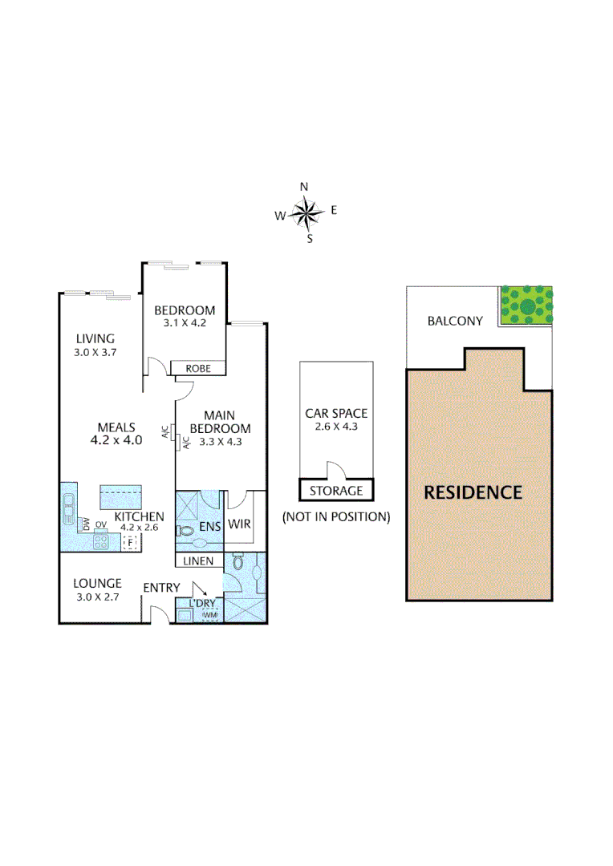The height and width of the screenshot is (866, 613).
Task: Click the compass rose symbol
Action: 306,212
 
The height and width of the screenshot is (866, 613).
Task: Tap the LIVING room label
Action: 95,338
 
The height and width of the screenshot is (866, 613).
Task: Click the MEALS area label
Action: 116,427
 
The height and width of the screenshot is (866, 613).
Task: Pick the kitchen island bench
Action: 120,496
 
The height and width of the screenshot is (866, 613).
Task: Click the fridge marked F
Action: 128,543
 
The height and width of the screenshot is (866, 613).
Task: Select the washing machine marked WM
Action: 209,615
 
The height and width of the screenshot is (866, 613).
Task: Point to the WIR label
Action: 240,524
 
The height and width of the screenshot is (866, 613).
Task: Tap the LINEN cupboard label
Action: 198,561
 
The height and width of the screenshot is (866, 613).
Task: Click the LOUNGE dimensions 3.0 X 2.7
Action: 97,597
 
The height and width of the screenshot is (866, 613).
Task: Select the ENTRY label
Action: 161,588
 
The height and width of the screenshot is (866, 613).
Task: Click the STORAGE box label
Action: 336,491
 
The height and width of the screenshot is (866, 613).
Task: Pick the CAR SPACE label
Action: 336,414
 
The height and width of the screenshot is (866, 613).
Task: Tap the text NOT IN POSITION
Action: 336,517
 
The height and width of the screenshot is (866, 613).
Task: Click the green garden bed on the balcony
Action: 526,305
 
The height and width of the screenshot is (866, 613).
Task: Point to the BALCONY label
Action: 455,321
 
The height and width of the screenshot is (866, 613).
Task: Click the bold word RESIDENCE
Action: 473,492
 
